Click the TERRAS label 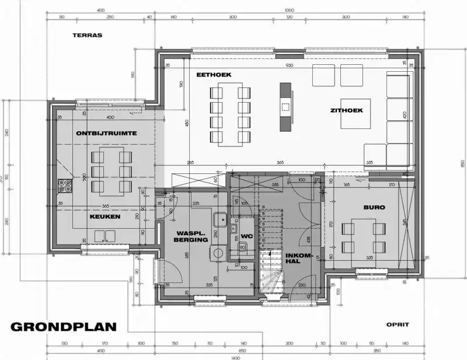87,35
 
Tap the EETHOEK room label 214,75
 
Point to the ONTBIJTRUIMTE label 106,133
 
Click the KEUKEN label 105,216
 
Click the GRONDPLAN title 63,327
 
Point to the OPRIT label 398,324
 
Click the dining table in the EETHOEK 230,114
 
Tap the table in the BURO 363,237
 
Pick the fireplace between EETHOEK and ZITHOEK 285,106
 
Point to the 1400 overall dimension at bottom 235,356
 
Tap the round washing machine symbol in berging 219,253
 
